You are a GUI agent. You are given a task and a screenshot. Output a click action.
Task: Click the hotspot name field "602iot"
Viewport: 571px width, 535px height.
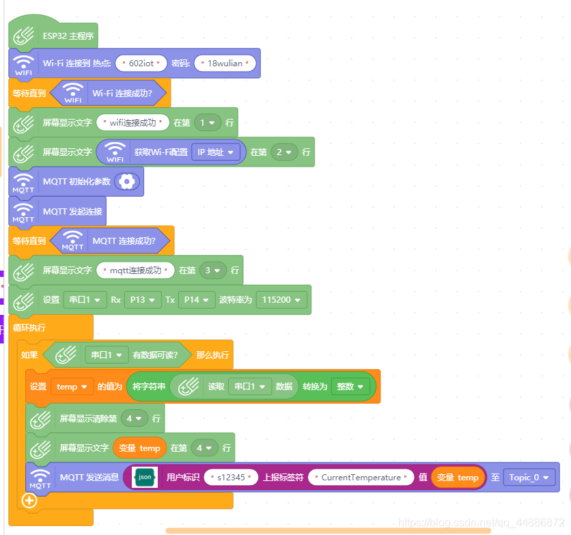coord(141,64)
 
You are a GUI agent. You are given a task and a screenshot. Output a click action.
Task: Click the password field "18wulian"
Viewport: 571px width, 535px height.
coord(225,64)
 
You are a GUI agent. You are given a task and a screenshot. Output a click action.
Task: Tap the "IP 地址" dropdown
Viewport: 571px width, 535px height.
coord(215,152)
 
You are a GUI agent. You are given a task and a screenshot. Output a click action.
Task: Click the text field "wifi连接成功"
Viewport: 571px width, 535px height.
coord(133,123)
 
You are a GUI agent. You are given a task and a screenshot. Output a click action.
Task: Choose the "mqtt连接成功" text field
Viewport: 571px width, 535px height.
coord(135,270)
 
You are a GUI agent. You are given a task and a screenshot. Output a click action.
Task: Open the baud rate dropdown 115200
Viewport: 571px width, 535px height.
coord(281,299)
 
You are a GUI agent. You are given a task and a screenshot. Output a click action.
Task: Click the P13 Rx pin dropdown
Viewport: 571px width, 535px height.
coord(143,299)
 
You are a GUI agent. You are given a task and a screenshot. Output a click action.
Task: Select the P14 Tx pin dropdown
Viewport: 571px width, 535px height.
coord(197,299)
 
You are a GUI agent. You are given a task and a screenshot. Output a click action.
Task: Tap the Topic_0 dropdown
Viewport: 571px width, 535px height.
coord(529,477)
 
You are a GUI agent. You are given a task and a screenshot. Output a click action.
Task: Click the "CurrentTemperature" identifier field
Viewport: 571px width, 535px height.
coord(361,477)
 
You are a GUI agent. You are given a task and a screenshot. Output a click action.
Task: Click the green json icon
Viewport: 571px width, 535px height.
coord(145,477)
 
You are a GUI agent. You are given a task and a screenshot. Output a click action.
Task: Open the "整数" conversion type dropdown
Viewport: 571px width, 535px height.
coord(350,386)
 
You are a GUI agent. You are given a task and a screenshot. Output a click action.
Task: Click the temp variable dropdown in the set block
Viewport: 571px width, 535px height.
coord(72,387)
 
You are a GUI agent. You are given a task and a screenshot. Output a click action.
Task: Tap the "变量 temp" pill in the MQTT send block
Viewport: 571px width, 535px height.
coord(458,477)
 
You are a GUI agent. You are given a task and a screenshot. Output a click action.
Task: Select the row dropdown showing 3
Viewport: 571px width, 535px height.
coord(213,270)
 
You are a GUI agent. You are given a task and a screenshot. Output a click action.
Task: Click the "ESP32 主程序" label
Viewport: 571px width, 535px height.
coord(68,36)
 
